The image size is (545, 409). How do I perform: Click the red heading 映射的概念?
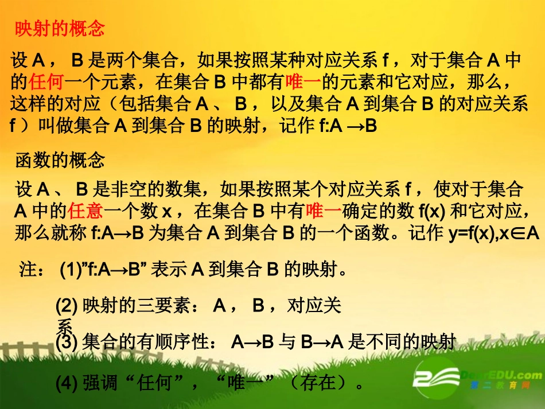click(60, 29)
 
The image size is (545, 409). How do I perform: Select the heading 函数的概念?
click(60, 161)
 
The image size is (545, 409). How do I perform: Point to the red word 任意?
click(85, 211)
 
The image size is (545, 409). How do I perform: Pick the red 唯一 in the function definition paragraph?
click(324, 211)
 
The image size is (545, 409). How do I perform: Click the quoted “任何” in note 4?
click(169, 381)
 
